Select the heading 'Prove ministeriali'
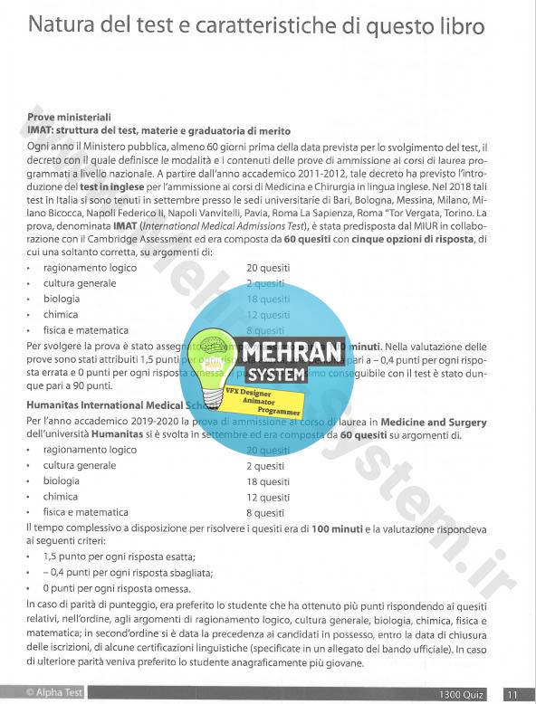[69, 118]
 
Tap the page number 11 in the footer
[512, 694]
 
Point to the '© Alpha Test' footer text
[57, 692]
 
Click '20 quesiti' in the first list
[268, 268]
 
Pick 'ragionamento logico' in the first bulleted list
[90, 268]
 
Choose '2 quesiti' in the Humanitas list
[266, 466]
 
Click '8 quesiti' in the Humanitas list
[266, 513]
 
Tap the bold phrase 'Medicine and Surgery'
[433, 423]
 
